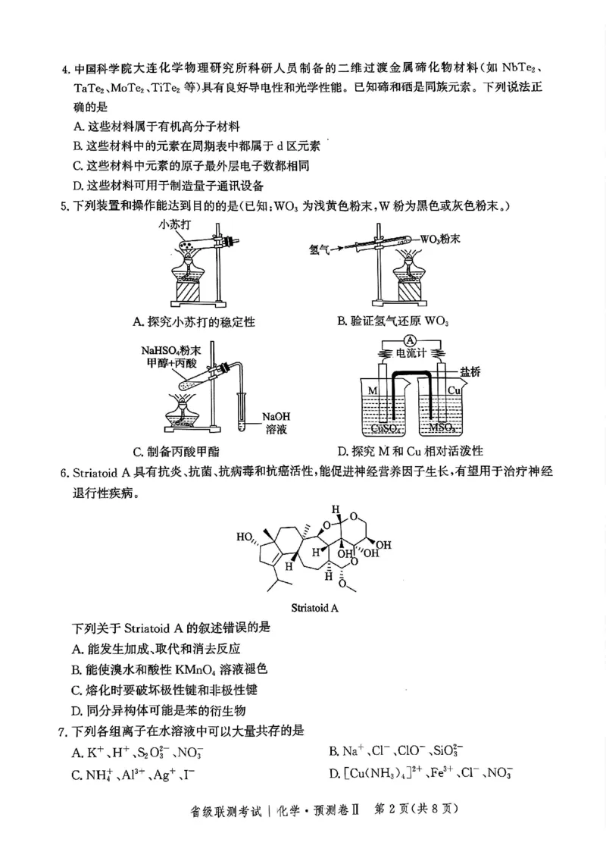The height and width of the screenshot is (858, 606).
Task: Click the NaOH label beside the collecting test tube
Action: point(276,416)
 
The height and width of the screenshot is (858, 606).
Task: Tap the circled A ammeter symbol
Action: point(410,339)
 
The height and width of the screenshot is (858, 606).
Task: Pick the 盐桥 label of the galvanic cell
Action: point(470,371)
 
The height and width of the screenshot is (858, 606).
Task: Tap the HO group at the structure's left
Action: point(245,537)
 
